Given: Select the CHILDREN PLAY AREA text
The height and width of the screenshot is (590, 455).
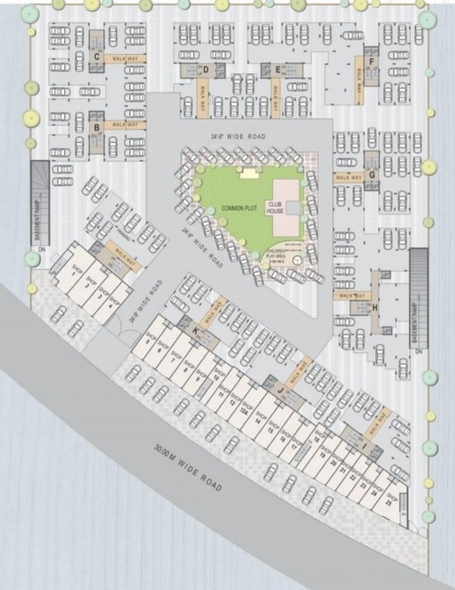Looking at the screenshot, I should point(276,253).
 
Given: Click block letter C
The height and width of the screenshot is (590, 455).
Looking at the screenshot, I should point(96,56).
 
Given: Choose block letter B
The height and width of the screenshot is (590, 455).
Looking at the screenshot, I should point(96,128).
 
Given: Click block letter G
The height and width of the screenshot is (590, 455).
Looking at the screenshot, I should point(371,174).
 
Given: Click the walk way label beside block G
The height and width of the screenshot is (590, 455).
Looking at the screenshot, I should point(347,177).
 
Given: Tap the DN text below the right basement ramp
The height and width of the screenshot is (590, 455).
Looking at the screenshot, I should point(420,351).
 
